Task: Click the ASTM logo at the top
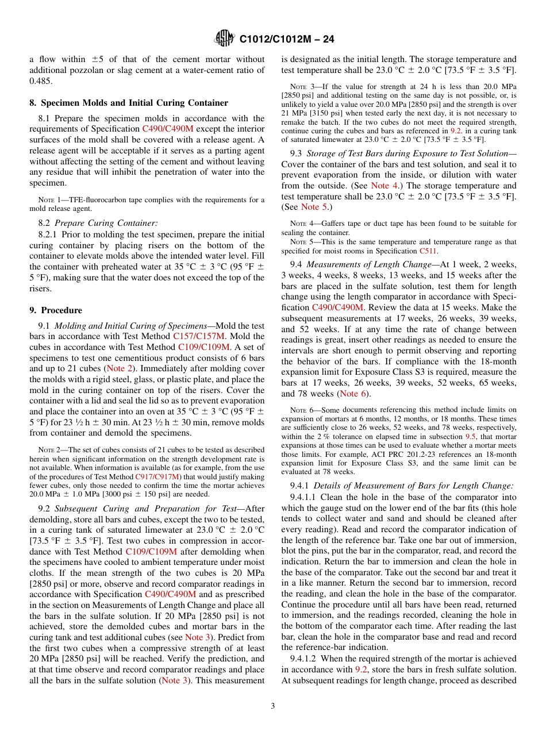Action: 224,39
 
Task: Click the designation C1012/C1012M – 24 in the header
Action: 286,39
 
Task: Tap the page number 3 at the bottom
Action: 272,706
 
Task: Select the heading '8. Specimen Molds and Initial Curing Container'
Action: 129,102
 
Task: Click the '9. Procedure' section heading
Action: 56,310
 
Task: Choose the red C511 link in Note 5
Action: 426,251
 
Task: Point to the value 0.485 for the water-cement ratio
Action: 40,81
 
